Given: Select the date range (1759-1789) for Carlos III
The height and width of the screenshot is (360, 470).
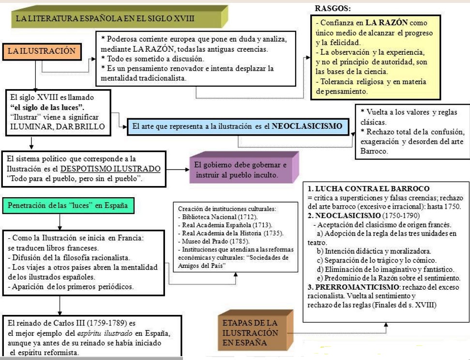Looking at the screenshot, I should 116,323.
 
